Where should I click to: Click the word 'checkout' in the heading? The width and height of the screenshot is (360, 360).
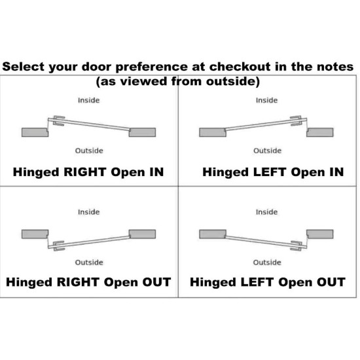coord(240,67)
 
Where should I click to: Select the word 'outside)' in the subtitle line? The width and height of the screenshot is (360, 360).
coord(233,82)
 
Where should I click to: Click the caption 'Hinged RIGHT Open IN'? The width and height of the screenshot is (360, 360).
coord(88,172)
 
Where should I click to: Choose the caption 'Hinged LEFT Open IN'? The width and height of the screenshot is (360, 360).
coord(273,172)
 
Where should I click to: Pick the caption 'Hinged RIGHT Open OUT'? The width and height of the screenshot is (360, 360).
coord(88,282)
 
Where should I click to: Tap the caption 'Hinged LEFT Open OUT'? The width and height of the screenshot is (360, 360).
coord(268,282)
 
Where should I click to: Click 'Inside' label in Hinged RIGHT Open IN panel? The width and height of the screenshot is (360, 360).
coord(88,100)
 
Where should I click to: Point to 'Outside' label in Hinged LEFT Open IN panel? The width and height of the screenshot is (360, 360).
coord(267,151)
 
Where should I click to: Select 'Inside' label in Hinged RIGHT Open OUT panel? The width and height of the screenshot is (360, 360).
coord(88,212)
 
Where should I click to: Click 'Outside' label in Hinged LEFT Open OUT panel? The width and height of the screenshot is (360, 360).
coord(267,262)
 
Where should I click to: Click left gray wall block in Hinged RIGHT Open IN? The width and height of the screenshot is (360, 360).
coord(35,132)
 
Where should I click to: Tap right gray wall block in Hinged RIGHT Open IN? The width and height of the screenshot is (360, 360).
coord(142,132)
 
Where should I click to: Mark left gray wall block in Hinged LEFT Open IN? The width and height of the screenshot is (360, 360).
coord(213,132)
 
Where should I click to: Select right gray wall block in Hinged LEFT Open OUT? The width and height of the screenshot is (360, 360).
coord(320,234)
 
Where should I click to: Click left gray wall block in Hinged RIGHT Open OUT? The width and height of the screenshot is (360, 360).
coord(35,234)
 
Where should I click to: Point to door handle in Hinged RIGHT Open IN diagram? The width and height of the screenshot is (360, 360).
coord(58,121)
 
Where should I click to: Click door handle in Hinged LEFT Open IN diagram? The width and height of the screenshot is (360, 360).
coord(296,121)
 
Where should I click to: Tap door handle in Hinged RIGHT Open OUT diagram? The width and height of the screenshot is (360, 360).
coord(58,246)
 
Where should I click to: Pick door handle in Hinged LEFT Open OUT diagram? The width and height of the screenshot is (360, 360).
coord(296,246)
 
